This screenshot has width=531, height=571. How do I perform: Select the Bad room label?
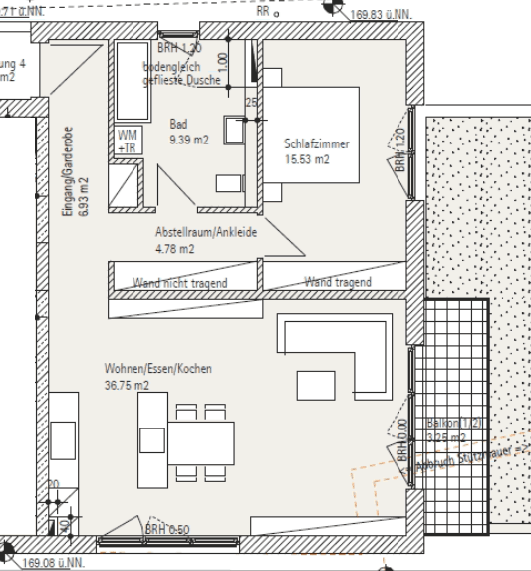(x=178, y=124)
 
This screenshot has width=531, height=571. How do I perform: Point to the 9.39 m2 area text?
(x=188, y=139)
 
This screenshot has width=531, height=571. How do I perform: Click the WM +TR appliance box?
(x=129, y=141)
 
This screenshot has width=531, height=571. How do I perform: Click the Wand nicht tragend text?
(x=180, y=283)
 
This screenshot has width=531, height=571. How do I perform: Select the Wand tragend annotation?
(x=338, y=283)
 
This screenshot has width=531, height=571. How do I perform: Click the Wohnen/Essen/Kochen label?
(x=157, y=369)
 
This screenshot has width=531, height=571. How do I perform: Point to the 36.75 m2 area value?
(x=127, y=384)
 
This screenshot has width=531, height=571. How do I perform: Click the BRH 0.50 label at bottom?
(x=167, y=529)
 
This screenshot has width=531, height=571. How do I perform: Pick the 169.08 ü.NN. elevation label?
(x=59, y=561)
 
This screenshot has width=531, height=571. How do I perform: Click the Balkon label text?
(x=453, y=423)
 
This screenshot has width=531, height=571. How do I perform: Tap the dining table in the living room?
(x=198, y=438)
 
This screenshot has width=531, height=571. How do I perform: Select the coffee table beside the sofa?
(x=317, y=384)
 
